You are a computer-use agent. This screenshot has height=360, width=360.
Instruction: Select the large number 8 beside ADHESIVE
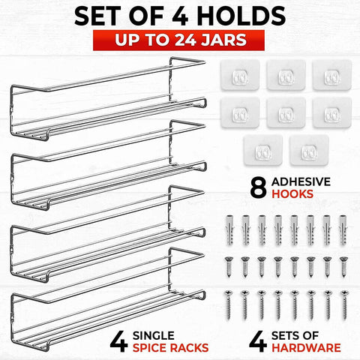pyautogui.click(x=259, y=187)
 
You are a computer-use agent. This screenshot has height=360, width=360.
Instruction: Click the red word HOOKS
pyautogui.click(x=292, y=194)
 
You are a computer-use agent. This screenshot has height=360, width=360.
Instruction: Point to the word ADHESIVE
pyautogui.click(x=301, y=181)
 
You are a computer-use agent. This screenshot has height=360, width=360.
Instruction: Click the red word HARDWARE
pyautogui.click(x=306, y=348)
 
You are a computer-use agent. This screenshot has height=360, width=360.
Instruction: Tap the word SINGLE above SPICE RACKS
pyautogui.click(x=154, y=335)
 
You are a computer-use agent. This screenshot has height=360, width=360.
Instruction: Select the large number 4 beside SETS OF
pyautogui.click(x=258, y=341)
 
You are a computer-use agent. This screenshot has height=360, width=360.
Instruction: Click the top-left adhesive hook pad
pyautogui.click(x=240, y=75)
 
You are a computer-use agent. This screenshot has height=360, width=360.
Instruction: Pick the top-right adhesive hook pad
pyautogui.click(x=332, y=75)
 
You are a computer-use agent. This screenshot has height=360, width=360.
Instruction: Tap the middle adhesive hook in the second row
pyautogui.click(x=286, y=113)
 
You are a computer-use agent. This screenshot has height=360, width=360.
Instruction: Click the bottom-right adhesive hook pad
pyautogui.click(x=309, y=151)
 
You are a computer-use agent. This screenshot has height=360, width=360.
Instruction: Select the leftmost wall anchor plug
pyautogui.click(x=229, y=230)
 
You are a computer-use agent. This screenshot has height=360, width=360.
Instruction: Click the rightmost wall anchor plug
pyautogui.click(x=343, y=230)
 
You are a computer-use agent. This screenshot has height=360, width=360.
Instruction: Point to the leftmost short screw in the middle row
pyautogui.click(x=229, y=267)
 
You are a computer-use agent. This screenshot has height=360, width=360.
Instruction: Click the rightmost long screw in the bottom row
pyautogui.click(x=344, y=305)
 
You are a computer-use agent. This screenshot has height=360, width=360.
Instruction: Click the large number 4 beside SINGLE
pyautogui.click(x=118, y=341)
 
